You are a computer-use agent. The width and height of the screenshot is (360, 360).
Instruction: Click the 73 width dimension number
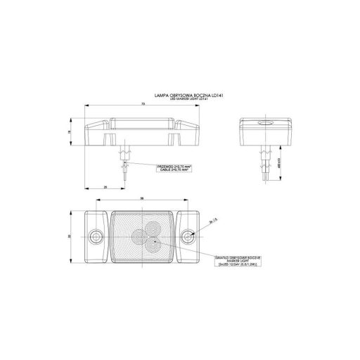143,103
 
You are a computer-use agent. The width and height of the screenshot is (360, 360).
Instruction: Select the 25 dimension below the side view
105,187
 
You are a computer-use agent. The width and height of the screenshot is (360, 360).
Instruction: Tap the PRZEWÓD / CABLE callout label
174,167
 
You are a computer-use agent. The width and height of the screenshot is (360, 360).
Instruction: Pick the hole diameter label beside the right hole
211,221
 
